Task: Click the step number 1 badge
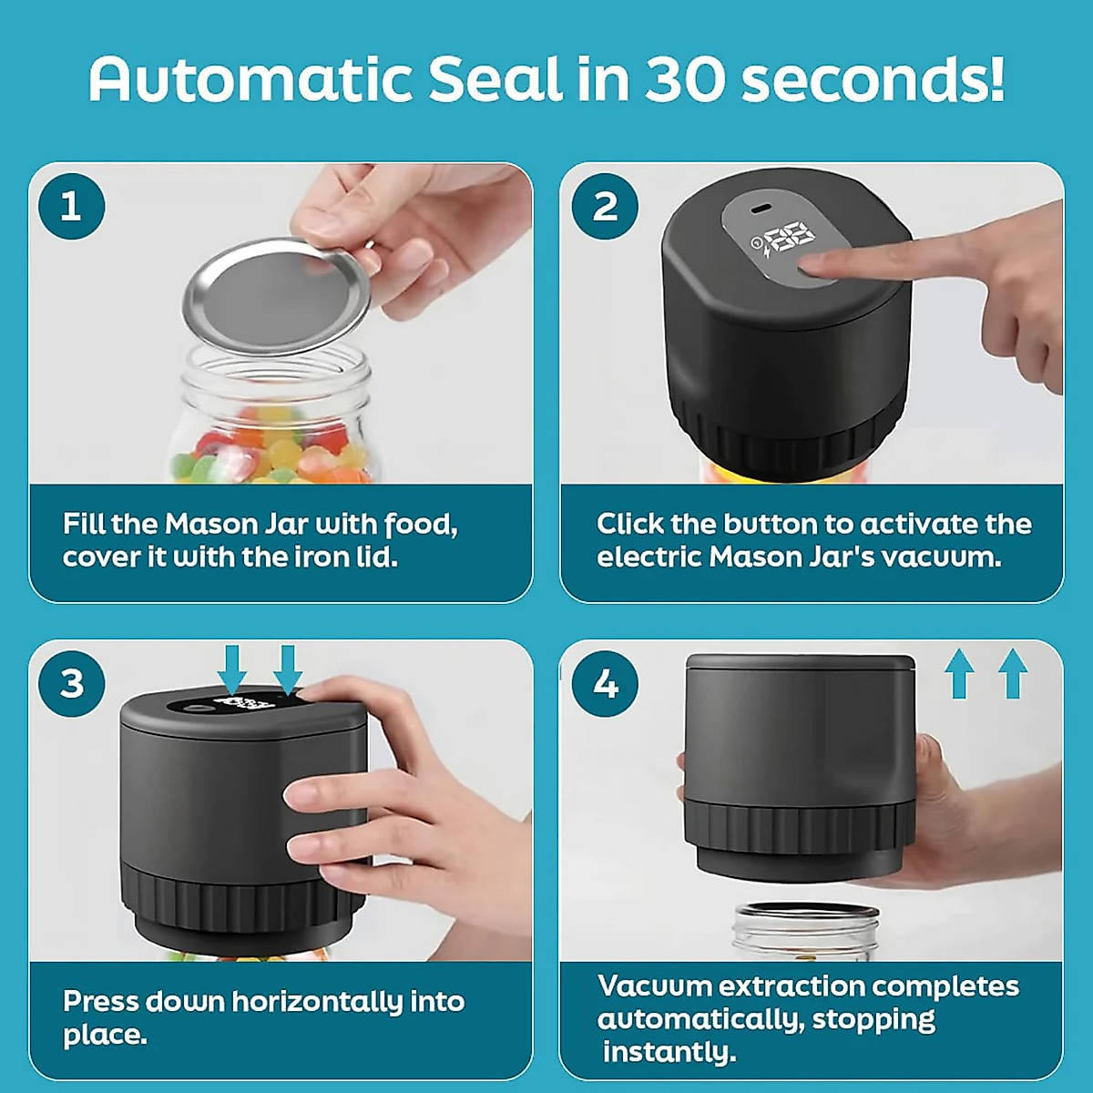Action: tap(72, 207)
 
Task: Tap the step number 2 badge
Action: tap(605, 207)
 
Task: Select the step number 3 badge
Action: tap(72, 683)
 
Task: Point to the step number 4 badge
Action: tap(605, 683)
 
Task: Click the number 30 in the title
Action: tap(684, 79)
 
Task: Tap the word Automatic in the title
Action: tap(250, 79)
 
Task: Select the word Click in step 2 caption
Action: tap(629, 524)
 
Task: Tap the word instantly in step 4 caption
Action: tap(669, 1052)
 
